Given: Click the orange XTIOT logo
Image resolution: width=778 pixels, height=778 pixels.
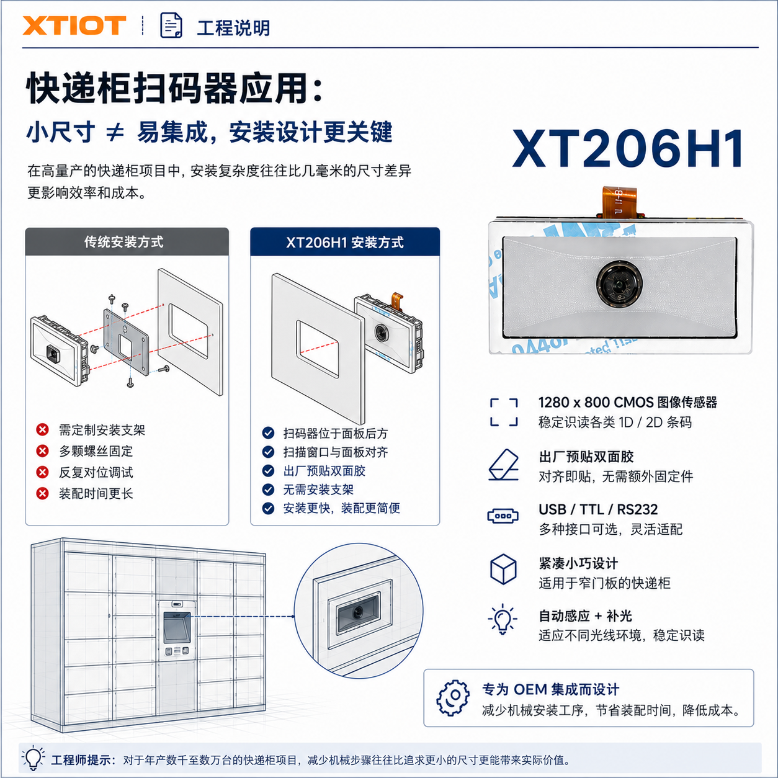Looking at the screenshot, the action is (x=74, y=25).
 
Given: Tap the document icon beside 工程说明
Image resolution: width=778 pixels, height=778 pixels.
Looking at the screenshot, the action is (x=171, y=25).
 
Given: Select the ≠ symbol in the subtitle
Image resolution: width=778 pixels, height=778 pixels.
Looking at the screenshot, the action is (x=115, y=132).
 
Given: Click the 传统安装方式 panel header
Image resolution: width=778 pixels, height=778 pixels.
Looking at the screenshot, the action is (x=127, y=241).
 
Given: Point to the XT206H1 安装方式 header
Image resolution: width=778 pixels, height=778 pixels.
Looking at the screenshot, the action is (x=345, y=242).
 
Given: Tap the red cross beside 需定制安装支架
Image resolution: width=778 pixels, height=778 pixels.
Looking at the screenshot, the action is (x=42, y=429).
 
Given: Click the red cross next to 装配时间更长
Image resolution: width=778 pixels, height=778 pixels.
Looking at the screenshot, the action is (x=42, y=493).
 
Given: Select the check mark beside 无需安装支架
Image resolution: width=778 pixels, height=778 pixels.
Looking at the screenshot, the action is (x=268, y=490).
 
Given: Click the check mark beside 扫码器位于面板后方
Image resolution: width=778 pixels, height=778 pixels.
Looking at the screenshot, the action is (x=268, y=433).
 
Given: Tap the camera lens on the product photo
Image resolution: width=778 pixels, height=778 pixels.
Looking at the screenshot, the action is (x=619, y=284).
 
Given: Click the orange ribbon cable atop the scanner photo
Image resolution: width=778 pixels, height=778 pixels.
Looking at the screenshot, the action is (x=619, y=202).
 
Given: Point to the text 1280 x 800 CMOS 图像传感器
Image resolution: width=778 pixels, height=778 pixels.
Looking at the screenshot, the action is (x=628, y=402).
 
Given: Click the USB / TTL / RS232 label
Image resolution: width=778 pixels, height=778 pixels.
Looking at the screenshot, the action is (x=598, y=509).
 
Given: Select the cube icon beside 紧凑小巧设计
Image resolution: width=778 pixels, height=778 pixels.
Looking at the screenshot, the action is (x=503, y=570).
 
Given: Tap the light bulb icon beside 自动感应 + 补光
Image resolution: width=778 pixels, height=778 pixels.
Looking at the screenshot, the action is (x=503, y=619).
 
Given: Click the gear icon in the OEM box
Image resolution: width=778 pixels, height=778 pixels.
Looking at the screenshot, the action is (x=453, y=698).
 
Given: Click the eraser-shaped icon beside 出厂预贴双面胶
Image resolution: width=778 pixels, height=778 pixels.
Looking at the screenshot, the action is (x=503, y=465).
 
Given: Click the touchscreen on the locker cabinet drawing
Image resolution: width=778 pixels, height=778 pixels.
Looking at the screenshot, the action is (x=176, y=628).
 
